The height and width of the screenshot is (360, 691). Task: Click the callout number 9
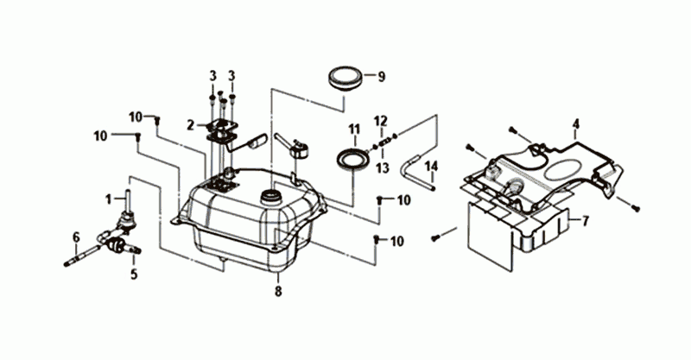tap(381, 77)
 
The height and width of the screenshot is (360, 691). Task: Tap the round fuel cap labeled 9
tap(345, 79)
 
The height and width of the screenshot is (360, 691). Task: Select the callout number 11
tap(354, 129)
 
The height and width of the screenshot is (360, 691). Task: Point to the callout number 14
tap(432, 167)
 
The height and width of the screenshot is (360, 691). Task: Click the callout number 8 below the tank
tap(278, 291)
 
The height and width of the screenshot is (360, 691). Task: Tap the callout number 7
tap(586, 221)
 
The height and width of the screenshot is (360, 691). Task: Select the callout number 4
tap(575, 124)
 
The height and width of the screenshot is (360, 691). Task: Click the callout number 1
tap(109, 199)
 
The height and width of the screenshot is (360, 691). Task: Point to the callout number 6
tap(76, 238)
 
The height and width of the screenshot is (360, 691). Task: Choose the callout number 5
tap(134, 274)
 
